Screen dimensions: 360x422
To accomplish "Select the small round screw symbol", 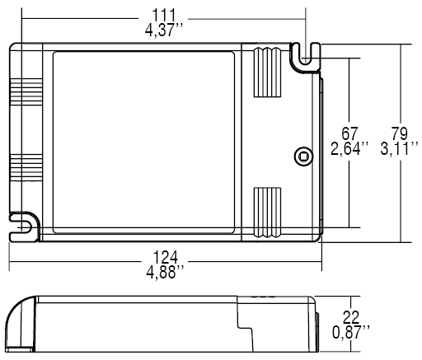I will [x=302, y=155].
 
